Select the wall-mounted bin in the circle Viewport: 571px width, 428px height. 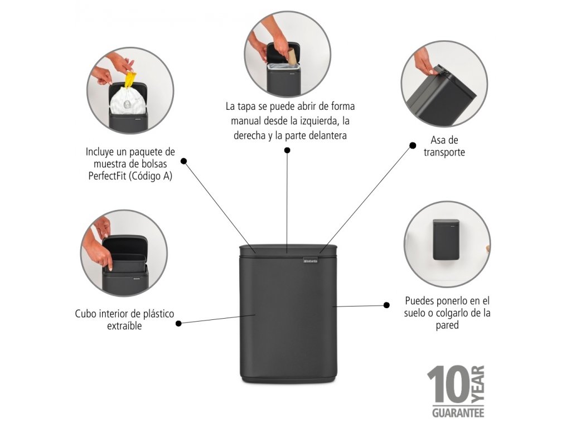[446, 240]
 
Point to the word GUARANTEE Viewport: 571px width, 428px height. [458, 413]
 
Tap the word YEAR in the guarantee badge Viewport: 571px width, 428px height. [478, 386]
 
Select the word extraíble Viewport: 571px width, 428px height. [124, 326]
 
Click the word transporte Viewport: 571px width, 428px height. [444, 152]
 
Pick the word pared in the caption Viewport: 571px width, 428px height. [447, 325]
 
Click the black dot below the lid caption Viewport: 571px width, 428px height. [287, 150]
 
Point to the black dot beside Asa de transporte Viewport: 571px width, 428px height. [413, 145]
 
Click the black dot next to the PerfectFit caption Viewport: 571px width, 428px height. [183, 160]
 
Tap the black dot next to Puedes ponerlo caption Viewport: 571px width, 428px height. [386, 305]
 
